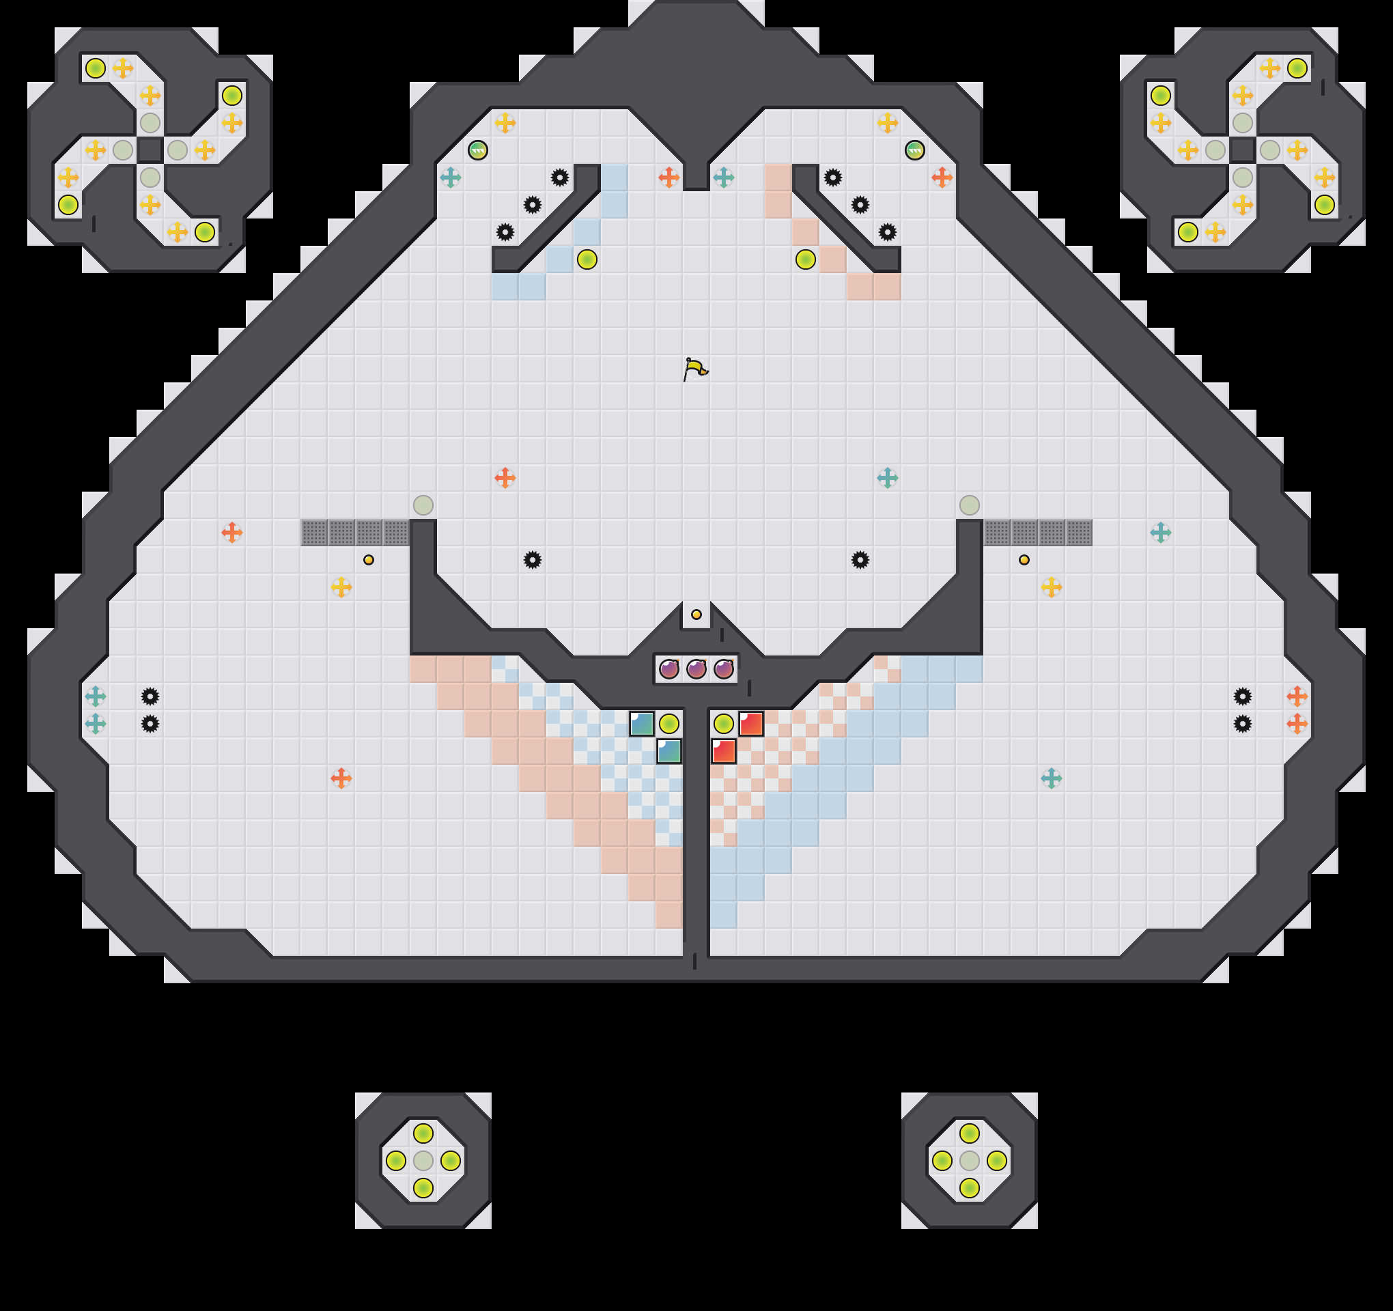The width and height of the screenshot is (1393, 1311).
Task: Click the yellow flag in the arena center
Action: [694, 369]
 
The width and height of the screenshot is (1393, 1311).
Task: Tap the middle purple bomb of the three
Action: [696, 669]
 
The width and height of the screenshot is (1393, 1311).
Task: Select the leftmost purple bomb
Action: [669, 669]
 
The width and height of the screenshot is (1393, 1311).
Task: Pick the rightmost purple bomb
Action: [723, 669]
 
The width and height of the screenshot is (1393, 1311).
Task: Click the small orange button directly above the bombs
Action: [696, 615]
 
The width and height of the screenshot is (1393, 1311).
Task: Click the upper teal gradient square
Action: [641, 724]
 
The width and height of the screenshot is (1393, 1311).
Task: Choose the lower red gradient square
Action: [723, 751]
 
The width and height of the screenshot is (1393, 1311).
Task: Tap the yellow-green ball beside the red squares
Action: [723, 723]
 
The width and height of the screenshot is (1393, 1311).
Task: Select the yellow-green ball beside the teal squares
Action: [669, 723]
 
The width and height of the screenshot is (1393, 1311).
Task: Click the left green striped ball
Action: [478, 150]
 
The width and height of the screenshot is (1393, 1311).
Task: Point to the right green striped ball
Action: [914, 150]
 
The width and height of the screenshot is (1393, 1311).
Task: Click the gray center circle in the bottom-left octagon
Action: [423, 1160]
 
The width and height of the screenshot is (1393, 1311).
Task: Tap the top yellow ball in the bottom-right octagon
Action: [969, 1133]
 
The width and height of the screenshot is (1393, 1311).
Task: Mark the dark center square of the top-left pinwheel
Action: [150, 150]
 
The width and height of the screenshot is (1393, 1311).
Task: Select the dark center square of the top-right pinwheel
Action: [1242, 150]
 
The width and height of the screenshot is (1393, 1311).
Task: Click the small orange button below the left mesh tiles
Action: [369, 560]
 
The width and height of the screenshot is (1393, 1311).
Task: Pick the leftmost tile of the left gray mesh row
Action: [314, 533]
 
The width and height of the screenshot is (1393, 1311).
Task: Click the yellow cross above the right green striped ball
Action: [887, 123]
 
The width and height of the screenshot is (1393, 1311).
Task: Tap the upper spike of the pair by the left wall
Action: [150, 696]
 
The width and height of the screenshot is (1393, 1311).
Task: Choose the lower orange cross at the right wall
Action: [1297, 724]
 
